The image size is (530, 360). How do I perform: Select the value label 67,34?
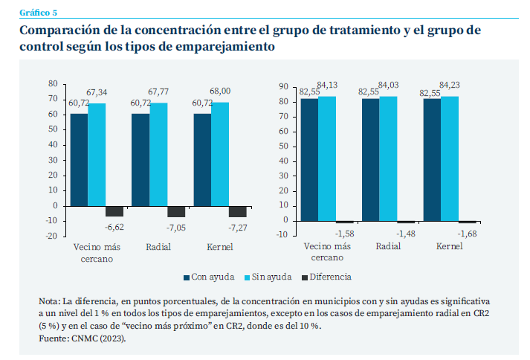pyautogui.click(x=97, y=91)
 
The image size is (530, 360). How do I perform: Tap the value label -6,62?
pyautogui.click(x=114, y=226)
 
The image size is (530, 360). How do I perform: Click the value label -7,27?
pyautogui.click(x=239, y=226)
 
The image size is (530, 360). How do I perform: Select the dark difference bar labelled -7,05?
pyautogui.click(x=176, y=211)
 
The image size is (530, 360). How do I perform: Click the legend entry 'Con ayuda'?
pyautogui.click(x=204, y=277)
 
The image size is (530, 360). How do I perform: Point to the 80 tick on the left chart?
pyautogui.click(x=52, y=83)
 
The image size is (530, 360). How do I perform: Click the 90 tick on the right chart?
pyautogui.click(x=283, y=86)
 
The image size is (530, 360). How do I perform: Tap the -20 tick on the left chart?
pyautogui.click(x=51, y=236)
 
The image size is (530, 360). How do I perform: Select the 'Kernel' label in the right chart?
pyautogui.click(x=448, y=246)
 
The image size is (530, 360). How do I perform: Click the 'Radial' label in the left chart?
pyautogui.click(x=158, y=246)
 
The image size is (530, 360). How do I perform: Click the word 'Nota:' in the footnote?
pyautogui.click(x=49, y=301)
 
